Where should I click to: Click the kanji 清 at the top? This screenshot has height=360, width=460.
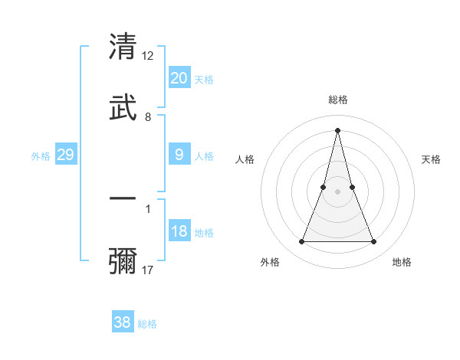pyautogui.click(x=123, y=47)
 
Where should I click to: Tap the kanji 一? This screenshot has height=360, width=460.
pyautogui.click(x=123, y=198)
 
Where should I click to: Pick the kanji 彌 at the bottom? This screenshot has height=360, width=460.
pyautogui.click(x=123, y=260)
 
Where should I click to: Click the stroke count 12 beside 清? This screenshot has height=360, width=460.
pyautogui.click(x=148, y=56)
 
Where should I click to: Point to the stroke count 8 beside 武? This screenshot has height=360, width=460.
pyautogui.click(x=148, y=116)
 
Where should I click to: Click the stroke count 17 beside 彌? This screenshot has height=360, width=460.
pyautogui.click(x=148, y=270)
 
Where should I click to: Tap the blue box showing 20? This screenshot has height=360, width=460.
pyautogui.click(x=179, y=78)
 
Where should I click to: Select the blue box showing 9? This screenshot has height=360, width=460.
pyautogui.click(x=179, y=155)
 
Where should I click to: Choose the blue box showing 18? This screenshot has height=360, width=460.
pyautogui.click(x=179, y=231)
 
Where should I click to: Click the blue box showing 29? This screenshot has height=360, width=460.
pyautogui.click(x=65, y=155)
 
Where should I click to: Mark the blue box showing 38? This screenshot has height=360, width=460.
pyautogui.click(x=122, y=322)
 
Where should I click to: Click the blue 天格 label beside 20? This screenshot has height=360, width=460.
pyautogui.click(x=204, y=80)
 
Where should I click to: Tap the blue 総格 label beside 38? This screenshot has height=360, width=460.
pyautogui.click(x=147, y=324)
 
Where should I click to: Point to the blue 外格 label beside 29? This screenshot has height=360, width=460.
pyautogui.click(x=41, y=156)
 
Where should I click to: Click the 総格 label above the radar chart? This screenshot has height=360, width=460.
pyautogui.click(x=337, y=100)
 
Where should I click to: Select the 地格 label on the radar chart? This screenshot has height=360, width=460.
pyautogui.click(x=402, y=262)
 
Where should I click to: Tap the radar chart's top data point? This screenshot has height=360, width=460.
pyautogui.click(x=337, y=129)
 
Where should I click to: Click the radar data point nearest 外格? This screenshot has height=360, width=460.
pyautogui.click(x=301, y=242)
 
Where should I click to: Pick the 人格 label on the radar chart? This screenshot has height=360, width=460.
pyautogui.click(x=245, y=159)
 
